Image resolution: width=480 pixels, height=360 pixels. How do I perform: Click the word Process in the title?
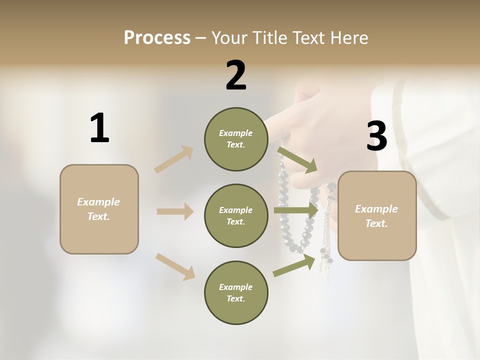coord(157,38)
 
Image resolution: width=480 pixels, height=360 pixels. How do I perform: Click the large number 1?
coord(99,128)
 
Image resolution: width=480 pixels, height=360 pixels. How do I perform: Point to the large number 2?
coord(236,75)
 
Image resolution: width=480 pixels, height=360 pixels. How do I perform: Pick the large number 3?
coord(376,136)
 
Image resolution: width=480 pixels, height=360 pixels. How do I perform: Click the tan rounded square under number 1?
coord(99,209)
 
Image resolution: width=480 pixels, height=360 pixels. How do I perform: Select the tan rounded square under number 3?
coord(377,216)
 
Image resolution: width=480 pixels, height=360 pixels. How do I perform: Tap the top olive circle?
coord(236,139)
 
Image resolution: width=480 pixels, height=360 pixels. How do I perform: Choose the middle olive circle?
coord(236,215)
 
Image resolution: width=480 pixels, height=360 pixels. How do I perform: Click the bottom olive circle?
coord(236,292)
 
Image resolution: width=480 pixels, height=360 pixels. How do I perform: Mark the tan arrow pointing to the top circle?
coord(174,159)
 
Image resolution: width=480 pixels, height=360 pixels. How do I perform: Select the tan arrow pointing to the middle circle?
coord(175,211)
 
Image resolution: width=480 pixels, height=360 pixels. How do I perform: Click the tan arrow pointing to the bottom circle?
coord(175,266)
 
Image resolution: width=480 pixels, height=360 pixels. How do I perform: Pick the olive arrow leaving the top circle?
coord(298,159)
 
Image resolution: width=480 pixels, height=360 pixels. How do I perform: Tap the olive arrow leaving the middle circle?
coord(296,210)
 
